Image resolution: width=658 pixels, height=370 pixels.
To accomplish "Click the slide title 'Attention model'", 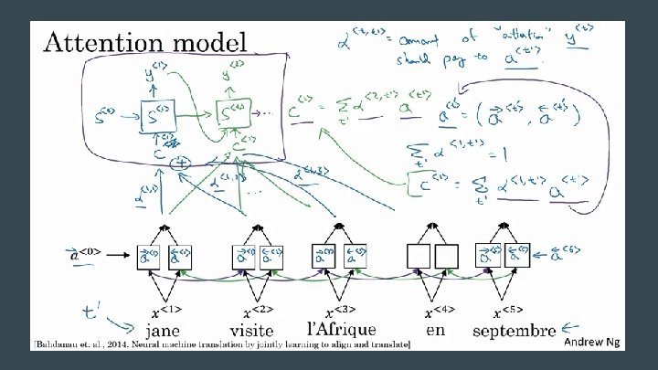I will click(x=144, y=42).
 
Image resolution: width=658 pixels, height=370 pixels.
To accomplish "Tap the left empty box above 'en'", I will click(x=419, y=257).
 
